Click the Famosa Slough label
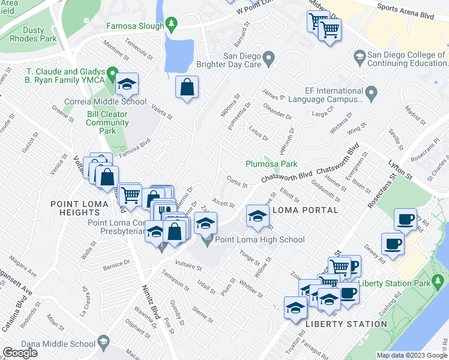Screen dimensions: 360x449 click(x=135, y=26)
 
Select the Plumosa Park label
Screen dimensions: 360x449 click(x=271, y=164)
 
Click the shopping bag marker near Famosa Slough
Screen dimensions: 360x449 click(x=187, y=88)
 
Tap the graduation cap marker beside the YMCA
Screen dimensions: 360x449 click(x=127, y=85)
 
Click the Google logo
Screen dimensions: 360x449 click(x=20, y=353)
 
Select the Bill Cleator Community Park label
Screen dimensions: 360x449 click(x=107, y=122)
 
